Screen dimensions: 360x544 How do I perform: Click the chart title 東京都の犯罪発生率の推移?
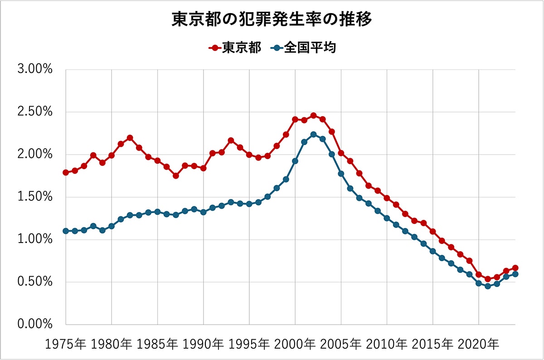pos(272,20)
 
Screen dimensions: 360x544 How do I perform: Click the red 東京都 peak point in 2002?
pos(313,116)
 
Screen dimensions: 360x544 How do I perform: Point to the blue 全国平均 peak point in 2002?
pos(313,135)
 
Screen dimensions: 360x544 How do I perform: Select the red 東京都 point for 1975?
pos(66,173)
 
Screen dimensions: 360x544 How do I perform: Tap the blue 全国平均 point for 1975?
pos(66,231)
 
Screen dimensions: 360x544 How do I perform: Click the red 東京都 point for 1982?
pos(130,138)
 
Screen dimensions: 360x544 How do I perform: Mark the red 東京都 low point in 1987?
pos(176,176)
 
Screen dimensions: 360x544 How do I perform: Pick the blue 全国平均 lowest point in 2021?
pos(488,286)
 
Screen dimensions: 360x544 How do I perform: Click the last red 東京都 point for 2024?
pos(515,268)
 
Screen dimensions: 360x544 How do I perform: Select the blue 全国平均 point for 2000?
pos(295,161)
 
